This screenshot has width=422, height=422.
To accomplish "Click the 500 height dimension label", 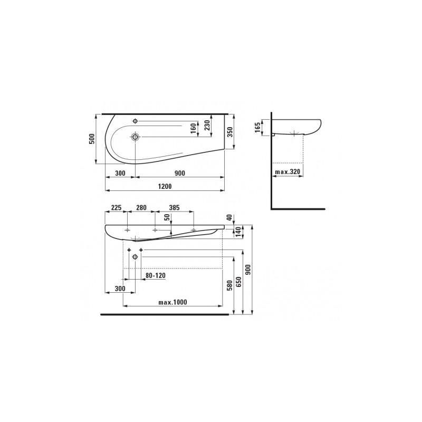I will [92, 139].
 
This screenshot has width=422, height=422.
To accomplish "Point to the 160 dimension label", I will [193, 127].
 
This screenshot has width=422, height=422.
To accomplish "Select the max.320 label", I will [288, 172].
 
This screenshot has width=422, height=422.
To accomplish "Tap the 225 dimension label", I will [117, 208].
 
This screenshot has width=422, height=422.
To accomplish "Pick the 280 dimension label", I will [141, 208].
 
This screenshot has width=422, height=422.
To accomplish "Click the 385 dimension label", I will [175, 208].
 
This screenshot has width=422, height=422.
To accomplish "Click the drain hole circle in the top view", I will [136, 137].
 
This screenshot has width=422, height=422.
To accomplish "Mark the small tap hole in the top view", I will [136, 121].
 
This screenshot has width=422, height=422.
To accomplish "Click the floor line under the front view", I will [164, 314].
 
